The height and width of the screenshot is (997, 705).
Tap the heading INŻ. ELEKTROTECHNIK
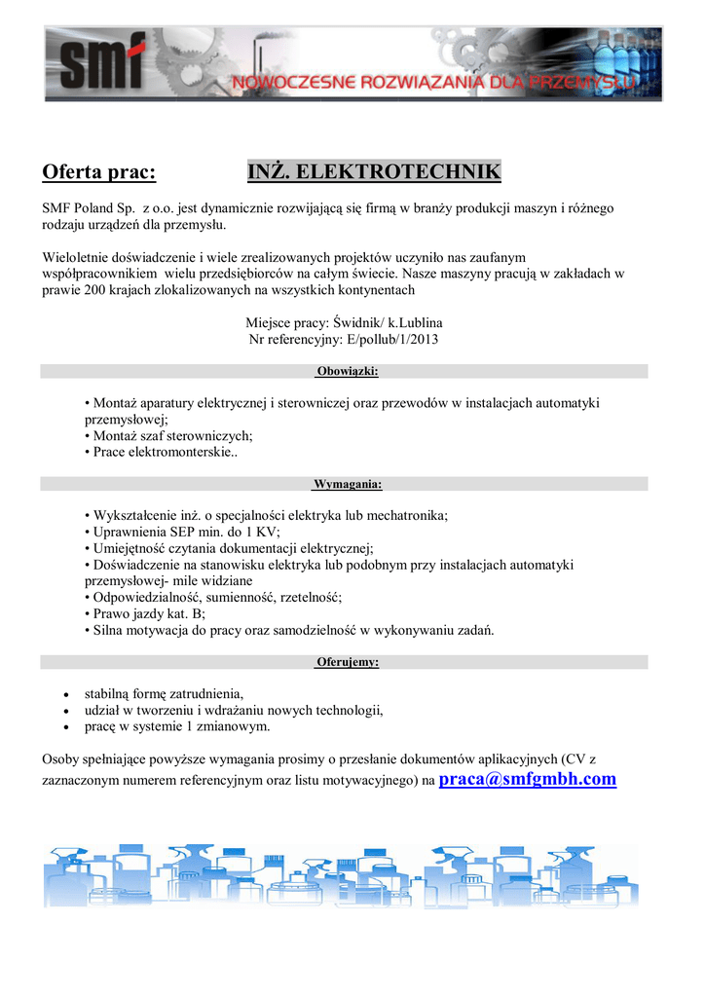(x=375, y=173)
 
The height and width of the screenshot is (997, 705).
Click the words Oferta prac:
(x=98, y=173)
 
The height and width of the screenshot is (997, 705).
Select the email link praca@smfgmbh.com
(x=528, y=779)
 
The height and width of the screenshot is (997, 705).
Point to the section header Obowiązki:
(x=348, y=371)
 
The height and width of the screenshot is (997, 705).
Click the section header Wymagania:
(x=348, y=484)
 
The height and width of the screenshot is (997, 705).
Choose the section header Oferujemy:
(x=348, y=662)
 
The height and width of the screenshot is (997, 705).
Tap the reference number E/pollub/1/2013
(x=388, y=339)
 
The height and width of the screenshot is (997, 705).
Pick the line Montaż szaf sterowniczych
(x=171, y=435)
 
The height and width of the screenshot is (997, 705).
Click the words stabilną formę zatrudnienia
(x=163, y=694)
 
